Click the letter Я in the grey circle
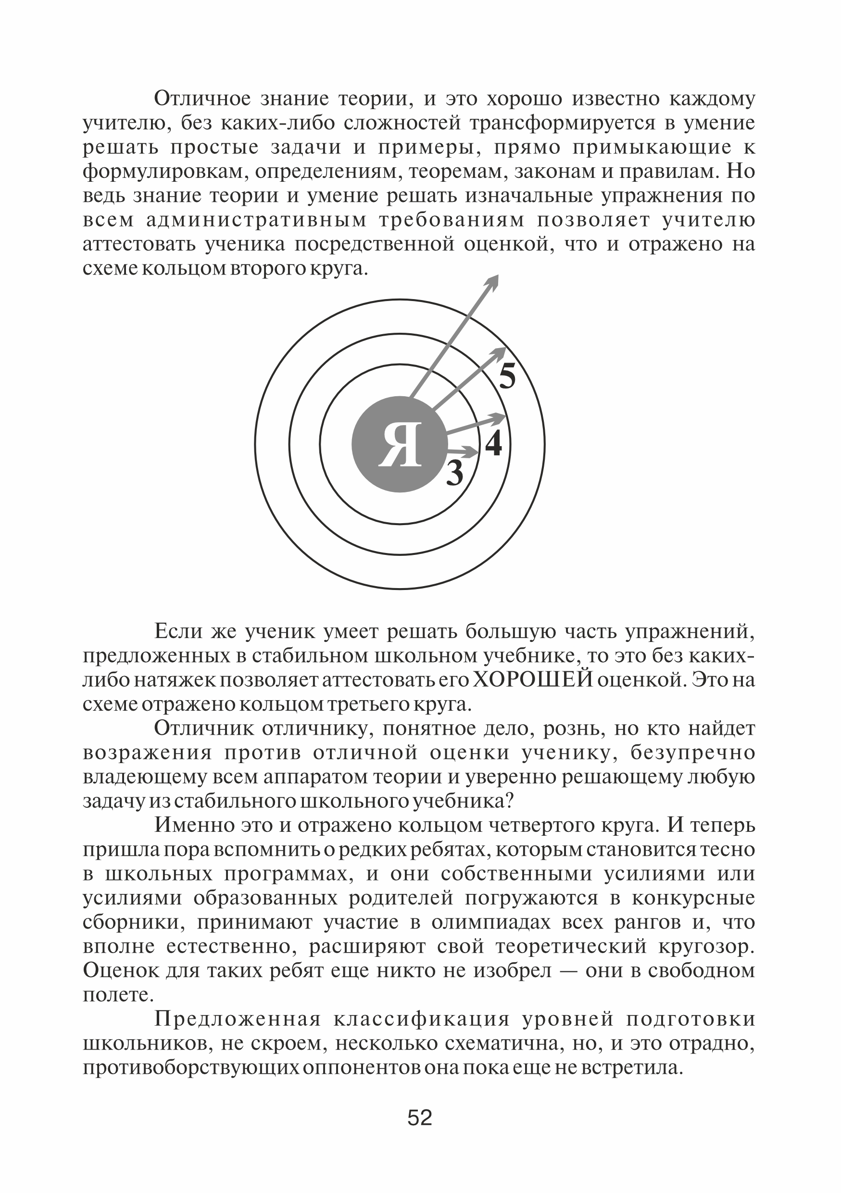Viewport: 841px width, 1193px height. point(400,445)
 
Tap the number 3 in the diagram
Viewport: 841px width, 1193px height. point(454,473)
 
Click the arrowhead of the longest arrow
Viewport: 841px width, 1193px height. point(492,281)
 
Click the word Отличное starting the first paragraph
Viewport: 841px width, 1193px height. point(202,98)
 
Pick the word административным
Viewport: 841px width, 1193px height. point(257,220)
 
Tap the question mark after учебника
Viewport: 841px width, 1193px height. point(509,801)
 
